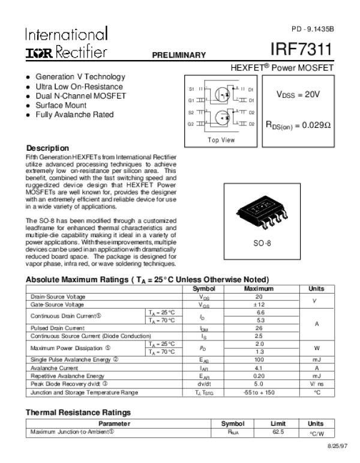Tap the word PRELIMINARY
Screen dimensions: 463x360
[x=179, y=55]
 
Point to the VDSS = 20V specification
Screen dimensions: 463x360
[x=298, y=94]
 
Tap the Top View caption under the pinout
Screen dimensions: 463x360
[x=221, y=140]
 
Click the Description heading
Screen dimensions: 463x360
[x=47, y=148]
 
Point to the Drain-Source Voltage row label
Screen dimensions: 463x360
[x=58, y=297]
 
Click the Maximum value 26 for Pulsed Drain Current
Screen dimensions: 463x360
[x=259, y=328]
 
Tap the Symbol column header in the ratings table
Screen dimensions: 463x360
[x=204, y=289]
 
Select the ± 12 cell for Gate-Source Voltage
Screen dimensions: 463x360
[x=259, y=304]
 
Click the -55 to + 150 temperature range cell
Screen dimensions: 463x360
[x=259, y=392]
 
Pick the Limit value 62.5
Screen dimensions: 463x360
[x=277, y=432]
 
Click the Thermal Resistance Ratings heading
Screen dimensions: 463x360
[x=78, y=413]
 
